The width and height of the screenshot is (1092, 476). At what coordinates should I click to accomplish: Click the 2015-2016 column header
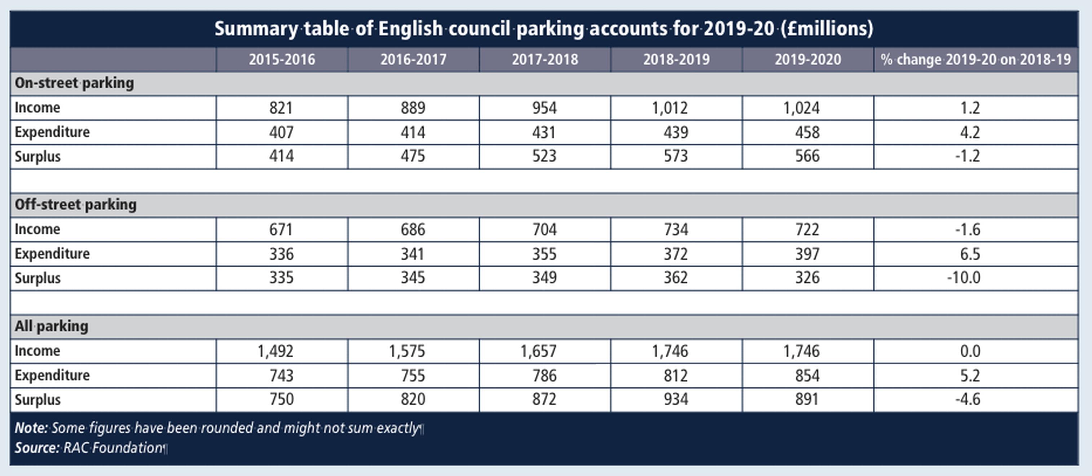[x=282, y=59]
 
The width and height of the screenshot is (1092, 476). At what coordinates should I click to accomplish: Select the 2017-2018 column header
[x=545, y=59]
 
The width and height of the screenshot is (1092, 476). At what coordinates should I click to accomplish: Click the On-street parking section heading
[x=74, y=83]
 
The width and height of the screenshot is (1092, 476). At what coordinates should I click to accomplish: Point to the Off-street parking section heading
[x=75, y=205]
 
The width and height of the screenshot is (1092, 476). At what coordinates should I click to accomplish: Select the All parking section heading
[x=51, y=326]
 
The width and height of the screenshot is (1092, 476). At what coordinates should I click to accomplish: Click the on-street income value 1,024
[x=801, y=108]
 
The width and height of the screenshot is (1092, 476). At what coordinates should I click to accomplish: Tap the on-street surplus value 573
[x=676, y=157]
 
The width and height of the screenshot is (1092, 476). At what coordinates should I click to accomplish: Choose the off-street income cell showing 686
[x=413, y=229]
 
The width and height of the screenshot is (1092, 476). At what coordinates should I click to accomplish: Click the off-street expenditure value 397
[x=807, y=254]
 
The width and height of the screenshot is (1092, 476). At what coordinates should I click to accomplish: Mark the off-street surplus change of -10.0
[x=964, y=278]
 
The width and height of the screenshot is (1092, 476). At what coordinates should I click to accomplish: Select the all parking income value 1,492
[x=276, y=351]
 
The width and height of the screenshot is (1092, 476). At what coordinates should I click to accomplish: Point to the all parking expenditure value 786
[x=544, y=375]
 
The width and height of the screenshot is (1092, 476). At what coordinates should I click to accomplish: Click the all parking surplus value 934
[x=676, y=399]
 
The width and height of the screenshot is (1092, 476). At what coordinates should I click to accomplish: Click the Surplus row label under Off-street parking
[x=38, y=278]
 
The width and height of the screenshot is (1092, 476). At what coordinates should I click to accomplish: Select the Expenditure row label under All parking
[x=52, y=375]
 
